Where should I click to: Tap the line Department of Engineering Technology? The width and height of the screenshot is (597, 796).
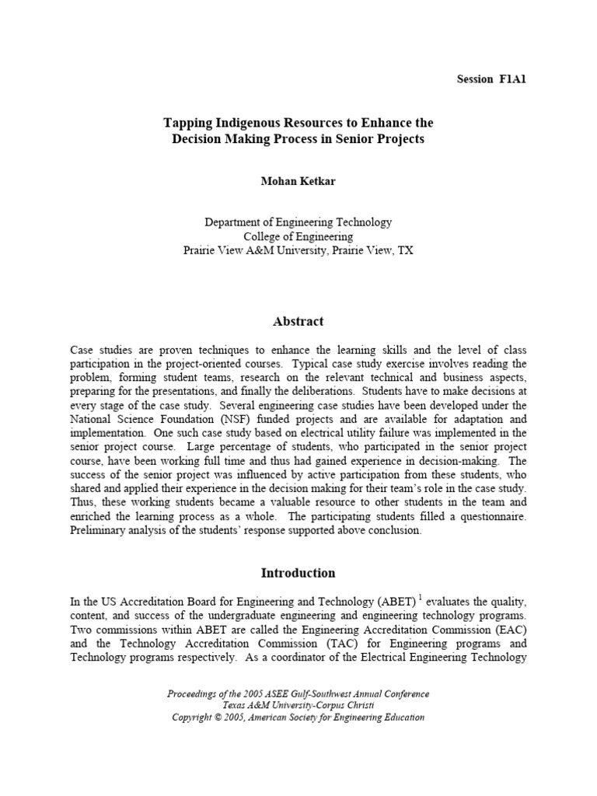(298, 222)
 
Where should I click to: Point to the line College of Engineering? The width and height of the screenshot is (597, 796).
(298, 236)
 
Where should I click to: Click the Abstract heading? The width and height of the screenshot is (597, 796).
(298, 321)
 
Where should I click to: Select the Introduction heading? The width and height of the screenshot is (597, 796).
(298, 573)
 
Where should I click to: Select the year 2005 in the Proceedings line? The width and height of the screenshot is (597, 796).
(243, 693)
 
